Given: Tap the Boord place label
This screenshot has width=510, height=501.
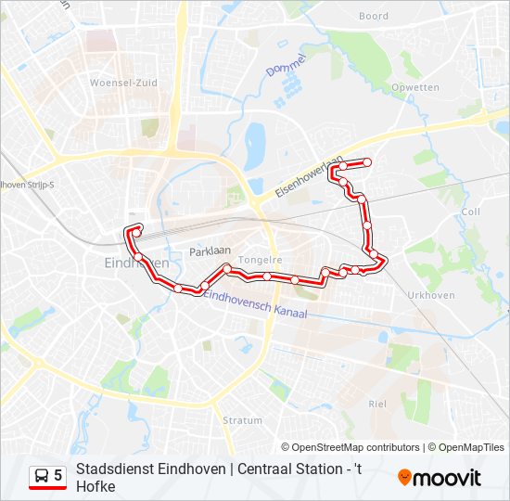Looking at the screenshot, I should (374, 16).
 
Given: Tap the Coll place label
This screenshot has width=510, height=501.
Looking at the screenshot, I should (470, 212).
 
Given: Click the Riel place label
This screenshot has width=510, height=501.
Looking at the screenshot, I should (377, 404).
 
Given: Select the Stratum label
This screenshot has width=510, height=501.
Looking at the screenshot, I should (242, 420).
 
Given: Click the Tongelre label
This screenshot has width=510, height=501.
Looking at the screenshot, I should (260, 260).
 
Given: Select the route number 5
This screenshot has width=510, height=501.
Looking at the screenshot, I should (58, 476).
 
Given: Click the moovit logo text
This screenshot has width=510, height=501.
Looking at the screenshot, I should (447, 478).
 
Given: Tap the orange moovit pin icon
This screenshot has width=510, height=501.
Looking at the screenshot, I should (404, 478).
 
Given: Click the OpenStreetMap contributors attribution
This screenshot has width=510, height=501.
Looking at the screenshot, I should (357, 447).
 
